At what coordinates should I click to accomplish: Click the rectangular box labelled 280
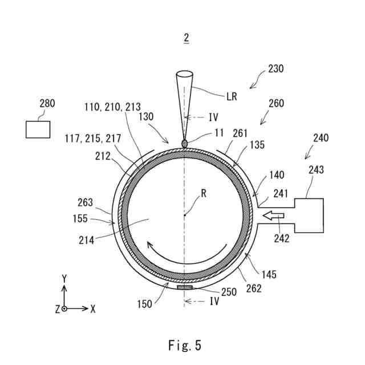[x=38, y=129]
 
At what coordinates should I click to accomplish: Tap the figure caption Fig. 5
[x=185, y=345]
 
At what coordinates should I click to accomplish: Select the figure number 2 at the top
[x=186, y=38]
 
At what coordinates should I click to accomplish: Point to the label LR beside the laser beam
[x=231, y=96]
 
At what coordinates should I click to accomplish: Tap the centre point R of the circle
[x=185, y=215]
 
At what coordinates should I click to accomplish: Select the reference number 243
[x=316, y=170]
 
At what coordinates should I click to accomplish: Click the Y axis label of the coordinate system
[x=64, y=278]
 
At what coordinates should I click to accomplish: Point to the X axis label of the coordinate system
[x=93, y=309]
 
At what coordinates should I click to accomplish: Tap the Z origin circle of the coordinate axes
[x=64, y=309]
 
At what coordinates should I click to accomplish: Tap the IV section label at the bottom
[x=214, y=300]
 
